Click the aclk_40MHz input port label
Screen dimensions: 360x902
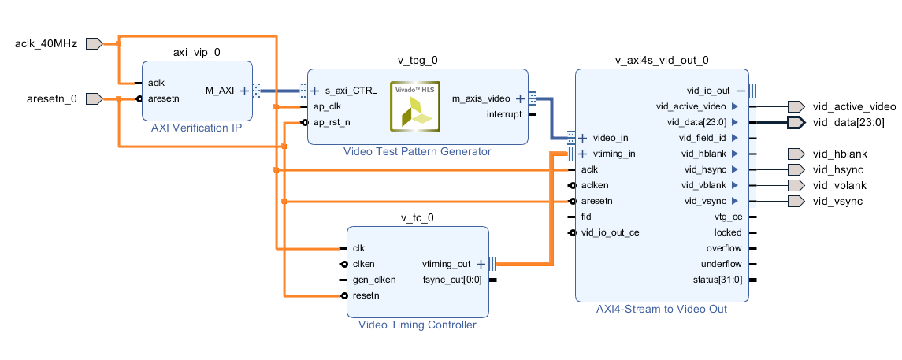coord(46,43)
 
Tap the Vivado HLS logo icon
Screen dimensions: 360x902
coord(415,105)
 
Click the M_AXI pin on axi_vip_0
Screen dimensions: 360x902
coord(220,91)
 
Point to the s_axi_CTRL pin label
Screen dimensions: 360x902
coord(351,91)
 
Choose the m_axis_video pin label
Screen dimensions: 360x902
coord(481,99)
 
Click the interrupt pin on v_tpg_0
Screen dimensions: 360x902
coord(504,114)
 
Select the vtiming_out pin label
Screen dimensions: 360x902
coord(446,264)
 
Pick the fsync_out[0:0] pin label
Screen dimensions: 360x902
coord(451,280)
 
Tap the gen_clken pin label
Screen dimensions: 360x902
coord(374,280)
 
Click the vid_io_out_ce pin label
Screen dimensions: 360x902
coord(611,232)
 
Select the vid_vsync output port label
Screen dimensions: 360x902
coord(837,201)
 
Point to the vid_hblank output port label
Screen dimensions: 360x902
coord(839,154)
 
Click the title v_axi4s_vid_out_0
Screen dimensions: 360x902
coord(662,60)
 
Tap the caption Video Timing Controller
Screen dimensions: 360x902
coord(418,325)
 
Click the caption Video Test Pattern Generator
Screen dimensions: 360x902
coord(417,151)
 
